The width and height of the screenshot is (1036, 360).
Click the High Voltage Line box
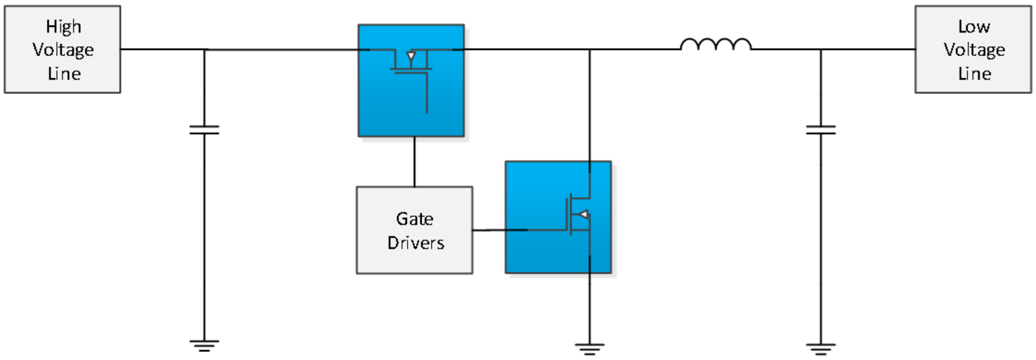pos(62,50)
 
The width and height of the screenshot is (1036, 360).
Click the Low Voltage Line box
pos(972,50)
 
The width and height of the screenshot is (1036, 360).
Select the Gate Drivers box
pos(414,230)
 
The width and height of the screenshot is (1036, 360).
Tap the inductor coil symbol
pos(715,44)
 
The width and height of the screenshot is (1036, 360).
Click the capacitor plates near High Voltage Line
pos(204,129)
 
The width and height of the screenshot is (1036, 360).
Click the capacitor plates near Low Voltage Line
pos(821,129)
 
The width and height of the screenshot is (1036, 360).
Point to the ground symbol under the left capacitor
pos(204,345)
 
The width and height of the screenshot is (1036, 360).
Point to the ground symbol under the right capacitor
pos(821,349)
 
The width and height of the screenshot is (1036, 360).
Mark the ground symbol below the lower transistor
pos(590,349)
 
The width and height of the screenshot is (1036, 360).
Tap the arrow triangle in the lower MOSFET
pos(583,215)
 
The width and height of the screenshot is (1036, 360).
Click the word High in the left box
pos(64,27)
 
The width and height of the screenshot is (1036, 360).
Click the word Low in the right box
pos(974,27)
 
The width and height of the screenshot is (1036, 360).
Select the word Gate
pos(414,219)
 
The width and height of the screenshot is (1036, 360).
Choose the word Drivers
pos(416,243)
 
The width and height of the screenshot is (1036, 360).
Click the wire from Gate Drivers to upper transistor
pos(414,162)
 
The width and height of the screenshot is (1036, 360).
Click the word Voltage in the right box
pos(974,50)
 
